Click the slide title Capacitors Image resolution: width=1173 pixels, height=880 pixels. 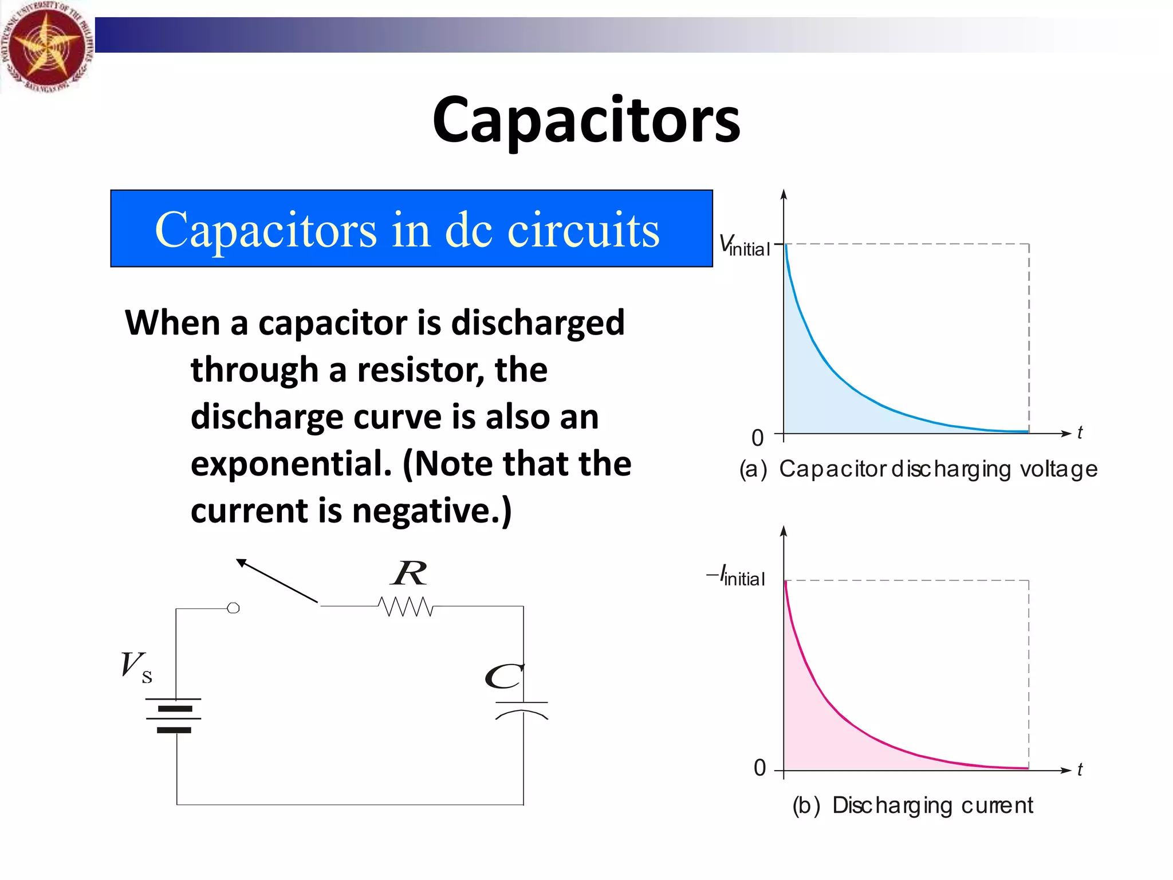[586, 121]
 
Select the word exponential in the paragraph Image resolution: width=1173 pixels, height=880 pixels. [291, 464]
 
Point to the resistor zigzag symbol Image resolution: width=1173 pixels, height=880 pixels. [406, 606]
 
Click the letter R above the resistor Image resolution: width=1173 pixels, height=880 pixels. [409, 573]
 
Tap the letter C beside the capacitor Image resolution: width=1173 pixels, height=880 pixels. [503, 678]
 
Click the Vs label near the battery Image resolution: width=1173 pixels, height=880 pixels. [136, 667]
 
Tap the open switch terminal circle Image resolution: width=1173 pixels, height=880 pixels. [233, 608]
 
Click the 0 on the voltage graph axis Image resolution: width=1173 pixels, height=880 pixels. [758, 438]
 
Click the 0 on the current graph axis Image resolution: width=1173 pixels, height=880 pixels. [759, 768]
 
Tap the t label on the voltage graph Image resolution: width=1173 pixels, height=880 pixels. [1080, 433]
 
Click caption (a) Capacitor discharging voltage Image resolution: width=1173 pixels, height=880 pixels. [918, 469]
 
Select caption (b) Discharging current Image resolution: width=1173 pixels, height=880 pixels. [912, 806]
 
